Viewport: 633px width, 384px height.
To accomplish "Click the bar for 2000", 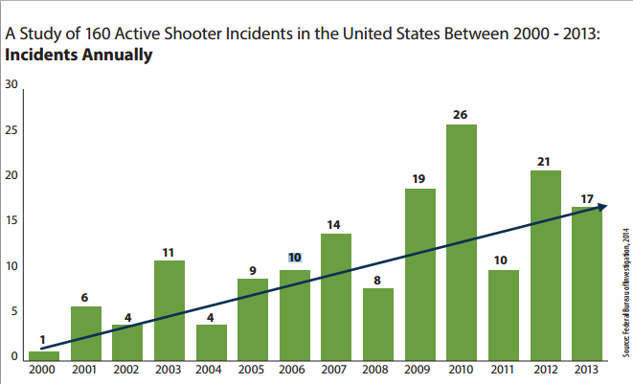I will [x=43, y=355].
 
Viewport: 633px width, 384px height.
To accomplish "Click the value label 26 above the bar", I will [x=460, y=115].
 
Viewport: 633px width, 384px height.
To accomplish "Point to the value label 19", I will [x=418, y=178].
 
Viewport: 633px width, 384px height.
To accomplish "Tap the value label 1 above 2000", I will [x=43, y=340].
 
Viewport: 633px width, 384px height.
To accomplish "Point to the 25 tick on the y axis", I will [x=11, y=129].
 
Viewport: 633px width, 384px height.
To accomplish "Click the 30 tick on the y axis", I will [x=11, y=84].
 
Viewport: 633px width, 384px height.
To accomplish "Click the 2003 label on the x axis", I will [x=169, y=370].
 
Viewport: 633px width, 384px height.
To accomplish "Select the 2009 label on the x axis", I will [x=418, y=370].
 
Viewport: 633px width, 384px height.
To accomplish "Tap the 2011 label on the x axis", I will [x=502, y=370].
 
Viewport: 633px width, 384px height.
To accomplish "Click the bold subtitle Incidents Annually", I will [x=79, y=55].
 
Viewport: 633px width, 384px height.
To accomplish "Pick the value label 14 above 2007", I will [x=335, y=224].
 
